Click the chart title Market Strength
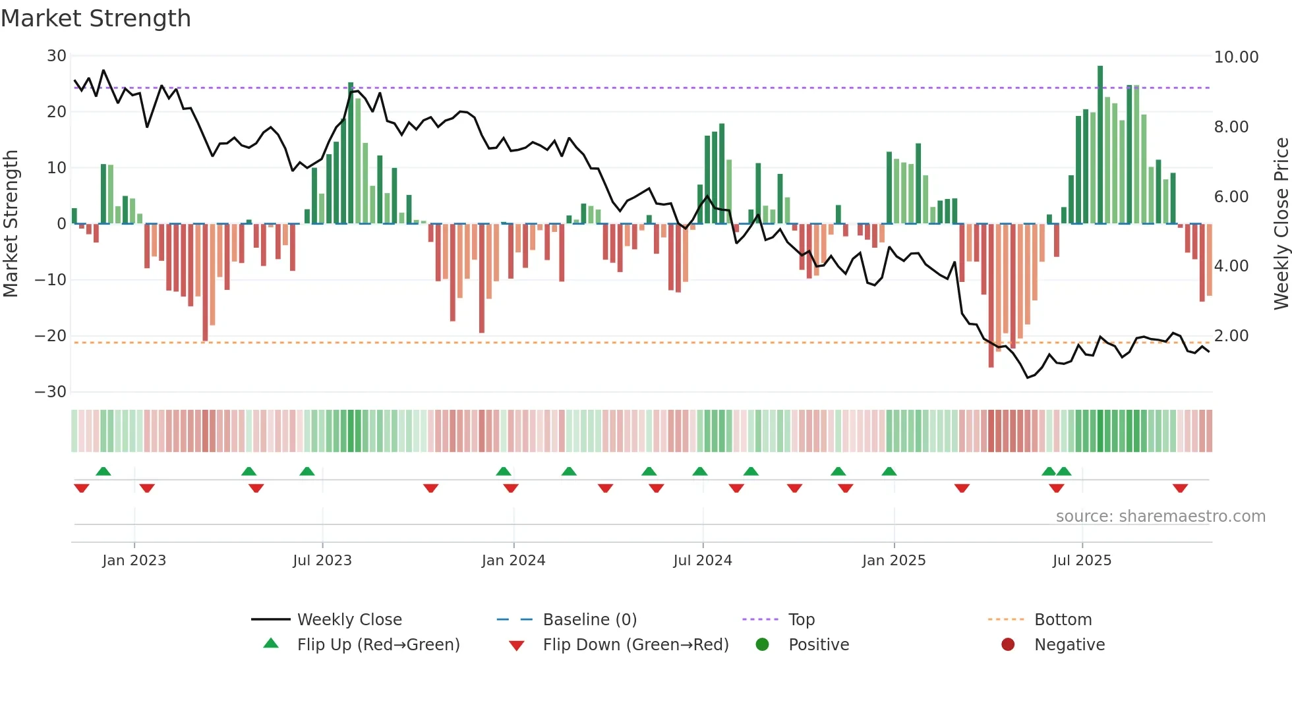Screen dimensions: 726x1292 (96, 18)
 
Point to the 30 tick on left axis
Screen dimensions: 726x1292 (57, 56)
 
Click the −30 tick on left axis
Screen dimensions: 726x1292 (51, 392)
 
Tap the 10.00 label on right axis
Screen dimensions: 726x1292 (1236, 57)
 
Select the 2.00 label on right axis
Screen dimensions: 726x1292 (1231, 336)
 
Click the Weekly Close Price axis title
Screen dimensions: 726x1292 (1281, 224)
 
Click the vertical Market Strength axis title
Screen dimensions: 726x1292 (11, 224)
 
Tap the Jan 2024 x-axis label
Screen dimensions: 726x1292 (514, 561)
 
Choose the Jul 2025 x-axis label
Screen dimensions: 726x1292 (1082, 561)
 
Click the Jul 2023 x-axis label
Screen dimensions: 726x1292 (322, 561)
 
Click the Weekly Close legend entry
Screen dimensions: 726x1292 (349, 620)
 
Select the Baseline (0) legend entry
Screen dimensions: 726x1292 (589, 620)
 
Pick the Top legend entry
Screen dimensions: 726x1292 (801, 620)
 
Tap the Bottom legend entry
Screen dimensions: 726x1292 (1063, 620)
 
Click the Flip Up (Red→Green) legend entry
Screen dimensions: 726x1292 (378, 645)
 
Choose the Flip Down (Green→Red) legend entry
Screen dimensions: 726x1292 (635, 645)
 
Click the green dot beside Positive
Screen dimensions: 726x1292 (763, 644)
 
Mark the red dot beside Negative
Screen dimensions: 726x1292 (1008, 644)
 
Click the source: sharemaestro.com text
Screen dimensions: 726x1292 (1160, 517)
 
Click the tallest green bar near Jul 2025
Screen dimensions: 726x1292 (1100, 145)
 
